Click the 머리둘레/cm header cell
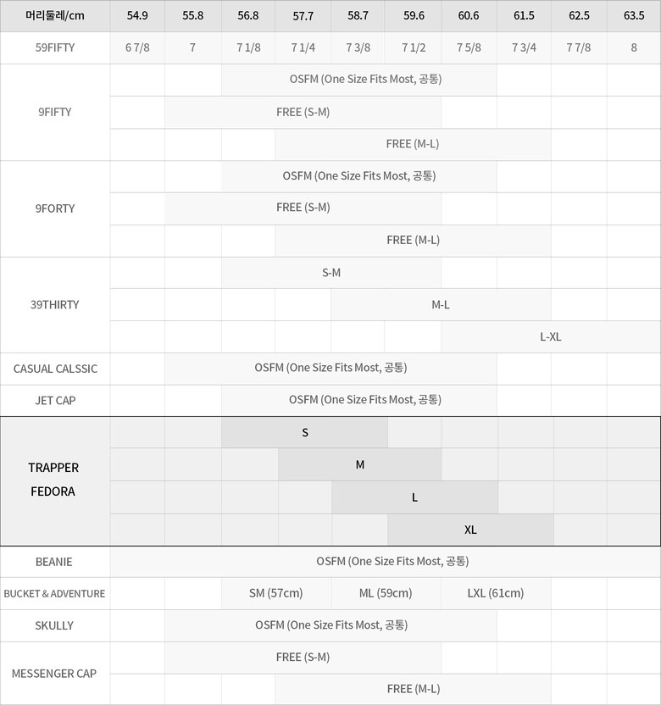coord(55,15)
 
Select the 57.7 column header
coord(303,15)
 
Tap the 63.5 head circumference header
coord(633,15)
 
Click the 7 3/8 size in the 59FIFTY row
coord(358,47)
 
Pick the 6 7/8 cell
coord(137,47)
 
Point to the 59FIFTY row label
coord(55,47)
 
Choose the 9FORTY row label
coord(55,208)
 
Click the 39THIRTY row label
coord(55,304)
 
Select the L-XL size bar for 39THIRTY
coord(550,336)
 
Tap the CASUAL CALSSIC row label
coord(55,369)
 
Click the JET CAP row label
coord(55,400)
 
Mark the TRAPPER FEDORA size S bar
coord(305,432)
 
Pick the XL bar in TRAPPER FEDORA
coord(470,530)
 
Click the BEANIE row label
coord(55,561)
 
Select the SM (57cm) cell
coord(275,593)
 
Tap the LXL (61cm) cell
coord(496,593)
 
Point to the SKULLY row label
coord(55,625)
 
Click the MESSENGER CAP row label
coord(55,674)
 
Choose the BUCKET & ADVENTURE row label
coord(55,593)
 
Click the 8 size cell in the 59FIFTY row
coord(633,47)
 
